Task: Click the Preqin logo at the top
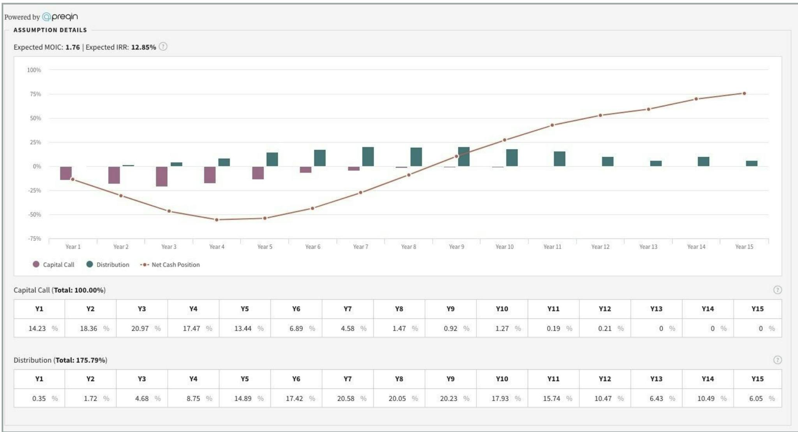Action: [x=60, y=17]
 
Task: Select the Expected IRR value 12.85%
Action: [x=143, y=47]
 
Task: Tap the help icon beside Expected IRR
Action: [x=163, y=47]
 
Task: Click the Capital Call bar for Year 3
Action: [x=162, y=176]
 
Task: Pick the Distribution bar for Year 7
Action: [x=368, y=157]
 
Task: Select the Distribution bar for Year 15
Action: [x=752, y=163]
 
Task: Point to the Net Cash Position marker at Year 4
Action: [x=217, y=220]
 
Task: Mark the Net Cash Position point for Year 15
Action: [x=744, y=94]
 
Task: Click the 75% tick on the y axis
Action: [x=35, y=94]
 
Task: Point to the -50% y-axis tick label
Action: [x=34, y=214]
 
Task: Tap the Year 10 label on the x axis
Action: [x=504, y=247]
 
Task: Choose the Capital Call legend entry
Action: [x=54, y=264]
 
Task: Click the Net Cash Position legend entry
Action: [x=170, y=264]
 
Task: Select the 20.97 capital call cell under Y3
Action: [x=140, y=328]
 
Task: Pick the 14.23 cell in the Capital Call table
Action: [x=37, y=328]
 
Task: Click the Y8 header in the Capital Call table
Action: [x=399, y=309]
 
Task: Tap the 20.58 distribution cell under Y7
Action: [x=346, y=398]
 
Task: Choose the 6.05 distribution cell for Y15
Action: [x=756, y=398]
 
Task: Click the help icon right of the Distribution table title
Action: [x=777, y=360]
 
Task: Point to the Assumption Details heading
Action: [x=50, y=30]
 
